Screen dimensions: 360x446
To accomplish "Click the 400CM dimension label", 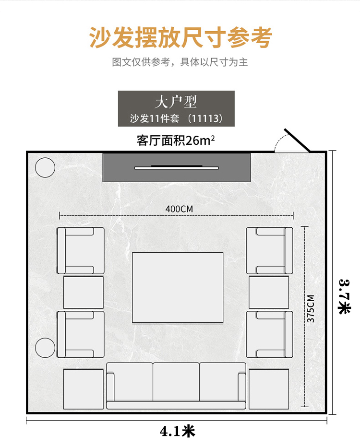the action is tap(179, 209).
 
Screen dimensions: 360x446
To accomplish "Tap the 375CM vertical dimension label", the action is tap(311, 309).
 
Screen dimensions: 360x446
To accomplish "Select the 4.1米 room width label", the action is tap(177, 431).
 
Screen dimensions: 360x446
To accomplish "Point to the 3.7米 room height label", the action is tap(344, 297).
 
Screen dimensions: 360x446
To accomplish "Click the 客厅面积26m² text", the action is tap(176, 140).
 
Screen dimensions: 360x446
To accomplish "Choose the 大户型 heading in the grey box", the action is tap(176, 102).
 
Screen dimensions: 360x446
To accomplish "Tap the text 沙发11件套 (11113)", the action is tap(176, 118).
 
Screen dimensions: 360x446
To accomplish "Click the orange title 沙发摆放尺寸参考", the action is tap(180, 37).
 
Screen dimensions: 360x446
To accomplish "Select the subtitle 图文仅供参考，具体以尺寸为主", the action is tap(180, 62).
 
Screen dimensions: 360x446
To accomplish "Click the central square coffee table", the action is tap(178, 287).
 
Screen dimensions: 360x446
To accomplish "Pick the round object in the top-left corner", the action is tap(45, 167).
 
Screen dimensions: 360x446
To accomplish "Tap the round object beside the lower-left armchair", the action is tap(45, 348).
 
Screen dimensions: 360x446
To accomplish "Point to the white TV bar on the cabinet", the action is tap(177, 168).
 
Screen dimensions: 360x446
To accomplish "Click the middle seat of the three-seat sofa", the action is tap(176, 382).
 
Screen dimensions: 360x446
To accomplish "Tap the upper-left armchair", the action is tap(81, 251).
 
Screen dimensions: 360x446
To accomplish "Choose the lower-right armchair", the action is tap(269, 334).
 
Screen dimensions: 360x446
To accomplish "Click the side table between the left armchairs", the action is tap(84, 293).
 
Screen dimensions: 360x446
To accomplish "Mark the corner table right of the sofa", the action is tap(269, 389).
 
